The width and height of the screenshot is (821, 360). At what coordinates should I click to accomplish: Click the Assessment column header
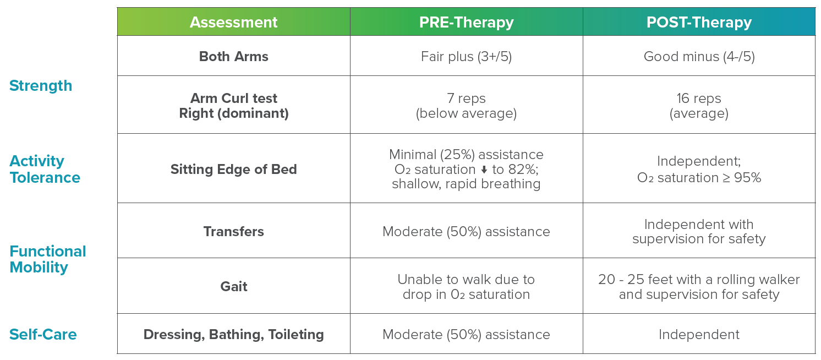pyautogui.click(x=233, y=22)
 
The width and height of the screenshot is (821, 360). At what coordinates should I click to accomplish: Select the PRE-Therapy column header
pyautogui.click(x=466, y=22)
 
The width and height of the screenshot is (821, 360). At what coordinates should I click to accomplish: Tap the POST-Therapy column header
pyautogui.click(x=699, y=22)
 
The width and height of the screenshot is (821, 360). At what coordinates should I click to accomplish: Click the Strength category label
pyautogui.click(x=41, y=86)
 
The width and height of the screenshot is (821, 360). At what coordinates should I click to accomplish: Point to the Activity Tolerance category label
pyautogui.click(x=45, y=169)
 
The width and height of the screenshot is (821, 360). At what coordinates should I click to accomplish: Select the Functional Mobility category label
pyautogui.click(x=48, y=259)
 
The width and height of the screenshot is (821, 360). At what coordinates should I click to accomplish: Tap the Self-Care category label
pyautogui.click(x=43, y=335)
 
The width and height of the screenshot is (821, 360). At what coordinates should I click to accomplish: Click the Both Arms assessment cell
pyautogui.click(x=233, y=57)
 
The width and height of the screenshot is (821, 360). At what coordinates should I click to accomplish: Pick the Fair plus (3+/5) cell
pyautogui.click(x=466, y=57)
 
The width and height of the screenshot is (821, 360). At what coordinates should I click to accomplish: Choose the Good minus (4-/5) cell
pyautogui.click(x=699, y=57)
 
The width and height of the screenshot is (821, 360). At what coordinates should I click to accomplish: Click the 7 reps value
pyautogui.click(x=466, y=99)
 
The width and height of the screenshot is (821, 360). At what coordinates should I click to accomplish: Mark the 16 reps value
pyautogui.click(x=699, y=99)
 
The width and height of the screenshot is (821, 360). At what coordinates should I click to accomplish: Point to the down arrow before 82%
pyautogui.click(x=484, y=170)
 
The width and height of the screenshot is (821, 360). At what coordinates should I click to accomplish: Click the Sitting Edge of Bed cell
pyautogui.click(x=233, y=169)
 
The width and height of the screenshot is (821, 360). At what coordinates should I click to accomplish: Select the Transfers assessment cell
pyautogui.click(x=233, y=232)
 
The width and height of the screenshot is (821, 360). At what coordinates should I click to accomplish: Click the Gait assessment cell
pyautogui.click(x=233, y=287)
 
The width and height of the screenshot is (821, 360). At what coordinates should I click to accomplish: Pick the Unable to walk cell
pyautogui.click(x=466, y=287)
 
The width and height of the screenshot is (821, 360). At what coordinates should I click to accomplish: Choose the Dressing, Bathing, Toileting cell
pyautogui.click(x=233, y=335)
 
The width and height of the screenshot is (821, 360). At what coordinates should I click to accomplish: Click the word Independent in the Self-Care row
pyautogui.click(x=699, y=335)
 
